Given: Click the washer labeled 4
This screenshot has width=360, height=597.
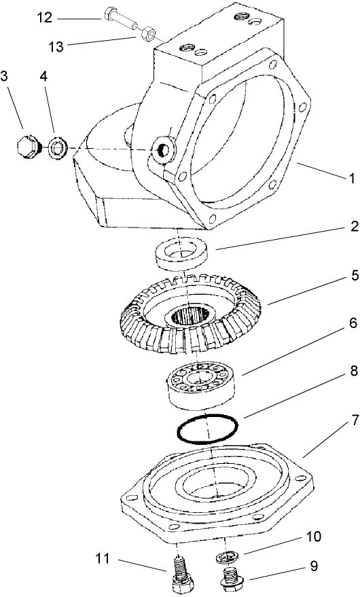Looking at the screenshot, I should click(x=57, y=149).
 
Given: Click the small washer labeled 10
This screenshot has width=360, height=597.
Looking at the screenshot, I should click(x=226, y=557).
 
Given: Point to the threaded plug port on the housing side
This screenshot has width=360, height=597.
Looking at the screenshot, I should click(x=163, y=151).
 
